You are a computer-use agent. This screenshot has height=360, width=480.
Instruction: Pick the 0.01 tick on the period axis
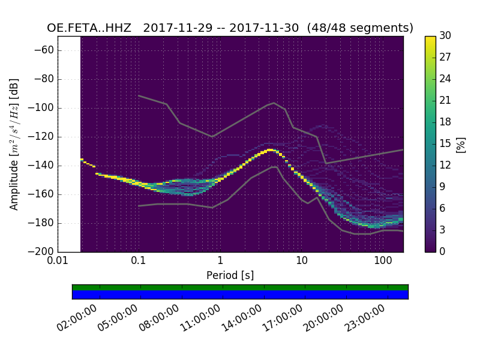coord(58,262)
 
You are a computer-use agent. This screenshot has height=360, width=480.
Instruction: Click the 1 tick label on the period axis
coord(220,262)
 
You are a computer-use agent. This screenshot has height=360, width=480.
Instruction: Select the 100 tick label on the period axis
coord(383,262)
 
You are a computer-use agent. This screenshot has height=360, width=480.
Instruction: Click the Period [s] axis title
coord(230,275)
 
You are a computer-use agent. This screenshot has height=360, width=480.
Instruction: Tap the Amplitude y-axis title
coord(14,144)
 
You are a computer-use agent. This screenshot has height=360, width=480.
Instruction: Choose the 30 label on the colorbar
coord(445,36)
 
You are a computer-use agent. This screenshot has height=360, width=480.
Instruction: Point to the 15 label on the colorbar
coord(445,144)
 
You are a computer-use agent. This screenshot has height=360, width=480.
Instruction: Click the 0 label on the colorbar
coord(443,251)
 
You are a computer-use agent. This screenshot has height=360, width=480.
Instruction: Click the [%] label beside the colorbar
coord(461,144)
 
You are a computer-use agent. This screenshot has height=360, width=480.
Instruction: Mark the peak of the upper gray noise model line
coord(274,103)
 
